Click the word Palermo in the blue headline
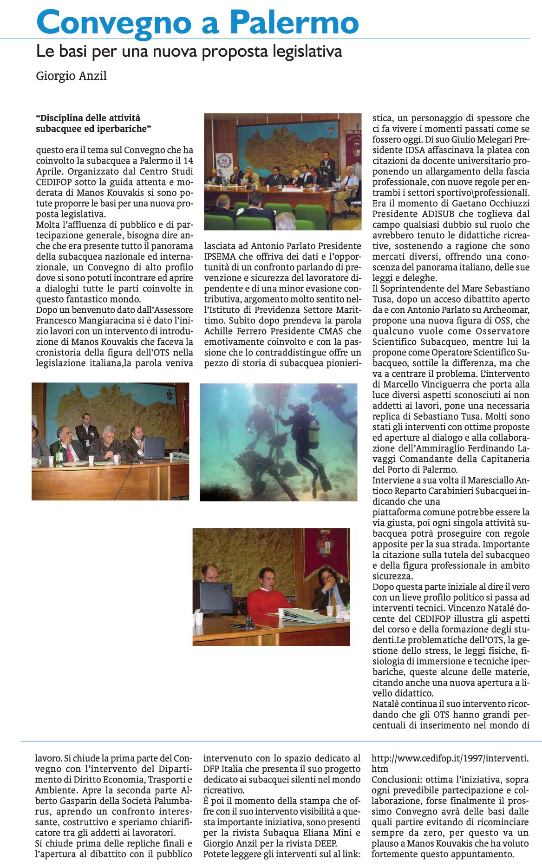[294, 21]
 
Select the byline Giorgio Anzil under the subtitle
[72, 76]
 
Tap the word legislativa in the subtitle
[303, 51]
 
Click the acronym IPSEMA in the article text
[220, 256]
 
